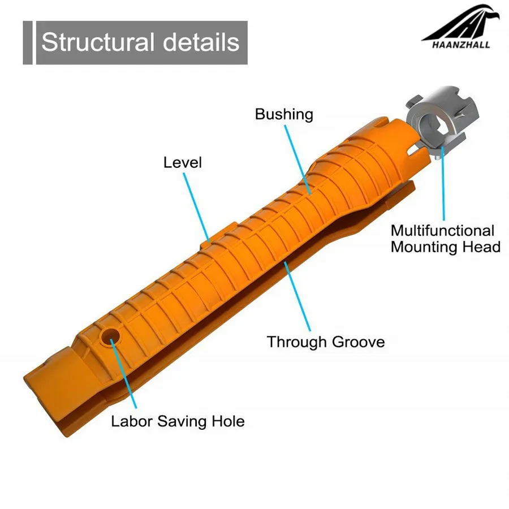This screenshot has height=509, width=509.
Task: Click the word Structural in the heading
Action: point(98,42)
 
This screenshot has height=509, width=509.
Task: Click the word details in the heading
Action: point(201,42)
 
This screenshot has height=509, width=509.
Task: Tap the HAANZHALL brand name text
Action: point(461,45)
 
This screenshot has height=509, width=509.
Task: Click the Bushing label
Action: point(284,115)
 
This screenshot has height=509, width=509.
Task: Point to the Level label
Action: point(183,162)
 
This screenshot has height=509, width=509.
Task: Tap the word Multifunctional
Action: point(442,231)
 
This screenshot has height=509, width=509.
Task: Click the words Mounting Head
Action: point(446,247)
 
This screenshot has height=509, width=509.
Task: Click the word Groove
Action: point(359,342)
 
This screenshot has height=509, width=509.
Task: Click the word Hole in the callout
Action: point(228,421)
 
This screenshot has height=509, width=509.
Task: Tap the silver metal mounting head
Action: point(442,121)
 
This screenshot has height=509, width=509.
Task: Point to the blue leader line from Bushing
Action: point(297,159)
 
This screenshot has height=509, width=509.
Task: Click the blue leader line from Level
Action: point(196,207)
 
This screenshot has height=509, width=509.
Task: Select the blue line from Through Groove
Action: point(297,296)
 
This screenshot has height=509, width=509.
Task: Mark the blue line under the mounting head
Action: point(443,184)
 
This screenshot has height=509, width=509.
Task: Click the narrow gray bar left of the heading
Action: point(28,42)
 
